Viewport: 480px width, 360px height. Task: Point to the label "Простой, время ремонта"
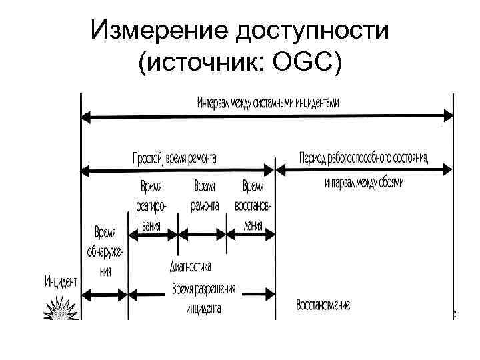tap(175, 158)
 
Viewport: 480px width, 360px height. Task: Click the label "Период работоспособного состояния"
tap(364, 158)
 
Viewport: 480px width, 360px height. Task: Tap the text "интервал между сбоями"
tap(364, 182)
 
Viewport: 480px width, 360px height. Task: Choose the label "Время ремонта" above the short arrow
tap(205, 196)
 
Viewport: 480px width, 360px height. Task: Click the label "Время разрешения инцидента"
tap(204, 299)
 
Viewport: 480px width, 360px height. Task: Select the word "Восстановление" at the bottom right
tap(323, 305)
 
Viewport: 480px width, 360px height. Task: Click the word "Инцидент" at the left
tap(61, 281)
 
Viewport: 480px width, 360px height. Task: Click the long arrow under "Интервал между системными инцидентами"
tap(267, 117)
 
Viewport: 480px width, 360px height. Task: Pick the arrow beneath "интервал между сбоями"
tap(364, 171)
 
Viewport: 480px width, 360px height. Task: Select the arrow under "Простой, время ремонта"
tap(177, 171)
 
